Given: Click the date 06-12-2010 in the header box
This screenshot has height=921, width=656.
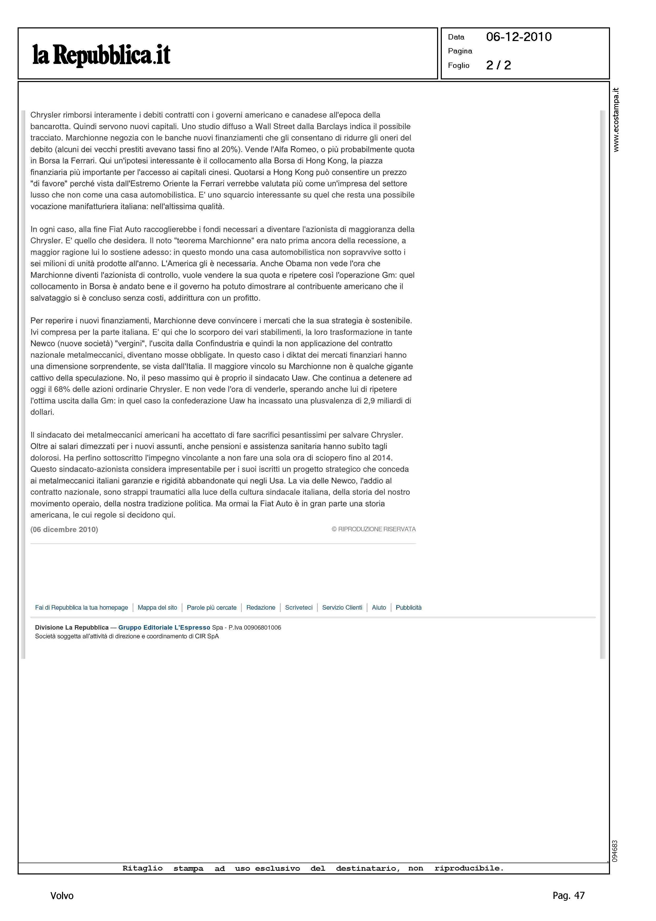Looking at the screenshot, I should tap(519, 37).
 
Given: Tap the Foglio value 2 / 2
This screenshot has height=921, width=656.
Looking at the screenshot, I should tap(499, 65).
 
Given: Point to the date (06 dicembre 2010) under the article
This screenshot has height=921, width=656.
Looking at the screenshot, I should tap(64, 529).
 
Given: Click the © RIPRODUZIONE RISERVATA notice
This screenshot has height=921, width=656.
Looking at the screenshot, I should tap(374, 529).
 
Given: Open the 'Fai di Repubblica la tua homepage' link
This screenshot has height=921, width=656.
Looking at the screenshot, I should tap(81, 608).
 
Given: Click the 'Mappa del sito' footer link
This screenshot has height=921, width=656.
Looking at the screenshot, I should tap(157, 608).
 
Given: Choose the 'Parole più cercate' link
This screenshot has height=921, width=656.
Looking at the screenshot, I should tap(212, 608).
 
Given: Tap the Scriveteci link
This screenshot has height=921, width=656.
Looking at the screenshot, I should tap(299, 608).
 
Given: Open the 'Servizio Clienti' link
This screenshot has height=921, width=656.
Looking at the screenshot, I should tap(342, 608).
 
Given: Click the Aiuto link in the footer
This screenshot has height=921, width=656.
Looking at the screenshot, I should tap(379, 608).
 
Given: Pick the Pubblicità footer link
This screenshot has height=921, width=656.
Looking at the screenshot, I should tap(408, 608).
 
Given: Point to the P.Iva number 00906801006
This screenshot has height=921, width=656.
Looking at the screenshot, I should tap(263, 628).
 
